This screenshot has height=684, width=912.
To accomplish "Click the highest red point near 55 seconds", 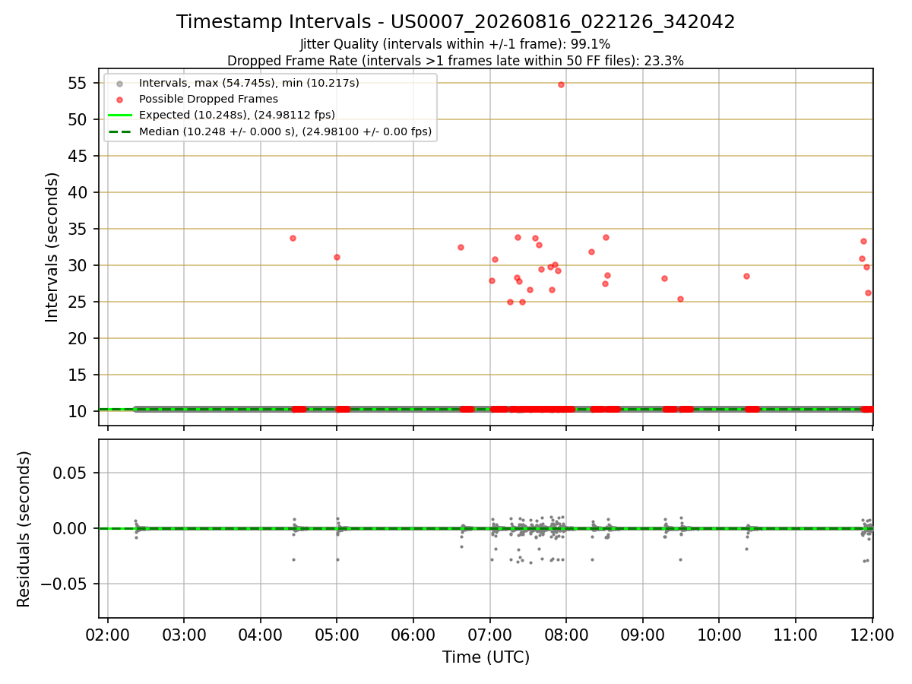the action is coord(561,84).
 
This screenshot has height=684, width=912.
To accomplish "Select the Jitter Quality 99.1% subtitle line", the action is coord(455,44).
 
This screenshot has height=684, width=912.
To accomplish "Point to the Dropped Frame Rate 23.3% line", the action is coord(455,61).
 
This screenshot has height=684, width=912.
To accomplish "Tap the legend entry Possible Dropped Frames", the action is coord(208,100).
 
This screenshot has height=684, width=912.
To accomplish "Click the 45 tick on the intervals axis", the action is coord(78,156).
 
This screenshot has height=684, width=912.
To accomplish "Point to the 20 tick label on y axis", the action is coord(78,338).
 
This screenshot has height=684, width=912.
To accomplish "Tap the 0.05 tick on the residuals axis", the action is coord(69,473).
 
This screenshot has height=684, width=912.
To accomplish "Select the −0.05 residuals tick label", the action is coord(64,584).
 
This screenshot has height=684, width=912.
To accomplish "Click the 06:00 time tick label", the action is coord(413,635).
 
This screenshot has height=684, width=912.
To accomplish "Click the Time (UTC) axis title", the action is coord(486,657).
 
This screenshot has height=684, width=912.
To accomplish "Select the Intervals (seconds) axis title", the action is coord(52,248).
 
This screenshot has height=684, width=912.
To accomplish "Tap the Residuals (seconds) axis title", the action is coord(24,529).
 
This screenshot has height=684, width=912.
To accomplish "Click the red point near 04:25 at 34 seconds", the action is coord(293,239).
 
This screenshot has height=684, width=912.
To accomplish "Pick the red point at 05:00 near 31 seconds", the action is coord(337,258).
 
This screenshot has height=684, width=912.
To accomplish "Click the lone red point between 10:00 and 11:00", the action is coord(746,277).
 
